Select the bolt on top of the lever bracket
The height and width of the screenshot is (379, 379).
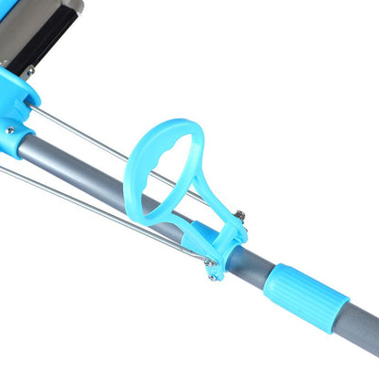tap(240, 216)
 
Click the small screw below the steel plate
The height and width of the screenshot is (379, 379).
tap(30, 71)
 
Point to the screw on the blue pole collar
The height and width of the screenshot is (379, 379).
tap(8, 130)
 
